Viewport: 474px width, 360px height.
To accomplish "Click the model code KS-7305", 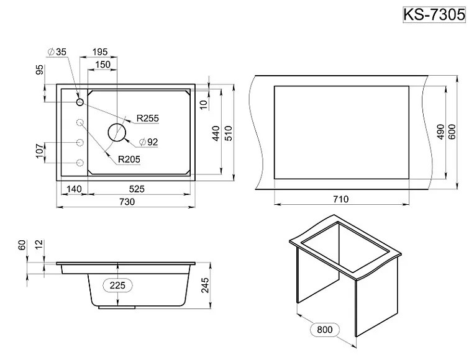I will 434,14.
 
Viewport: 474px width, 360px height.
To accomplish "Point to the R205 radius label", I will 129,160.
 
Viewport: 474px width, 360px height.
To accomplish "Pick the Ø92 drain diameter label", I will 148,142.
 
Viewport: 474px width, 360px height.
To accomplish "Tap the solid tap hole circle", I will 80,102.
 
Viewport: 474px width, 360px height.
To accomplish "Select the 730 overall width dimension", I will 127,202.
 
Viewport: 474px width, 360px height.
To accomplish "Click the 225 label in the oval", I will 119,285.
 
